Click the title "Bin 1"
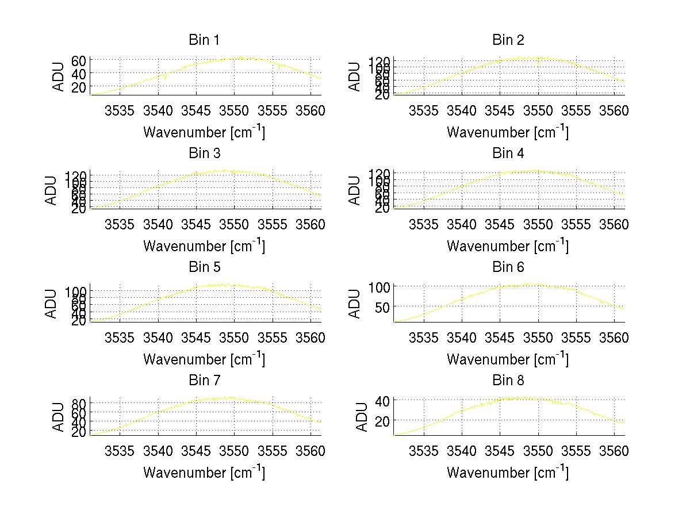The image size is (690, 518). pyautogui.click(x=204, y=40)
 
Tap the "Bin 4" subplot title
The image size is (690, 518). pyautogui.click(x=508, y=154)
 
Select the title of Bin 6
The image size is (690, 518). pyautogui.click(x=508, y=267)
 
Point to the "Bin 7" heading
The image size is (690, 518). pyautogui.click(x=204, y=380)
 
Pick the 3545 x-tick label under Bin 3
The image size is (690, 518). pyautogui.click(x=196, y=224)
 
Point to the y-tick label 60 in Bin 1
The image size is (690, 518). pyautogui.click(x=79, y=60)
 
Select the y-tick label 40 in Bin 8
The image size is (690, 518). pyautogui.click(x=382, y=400)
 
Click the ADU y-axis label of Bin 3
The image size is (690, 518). pyautogui.click(x=52, y=190)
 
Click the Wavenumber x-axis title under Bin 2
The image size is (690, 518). pyautogui.click(x=508, y=132)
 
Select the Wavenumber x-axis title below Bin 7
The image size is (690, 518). pyautogui.click(x=204, y=473)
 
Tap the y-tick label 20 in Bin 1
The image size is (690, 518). pyautogui.click(x=79, y=87)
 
